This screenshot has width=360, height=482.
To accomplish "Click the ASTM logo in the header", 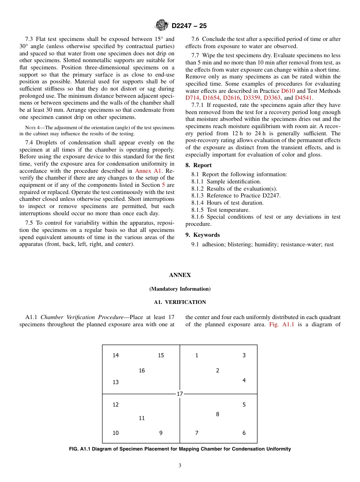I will click(162, 25).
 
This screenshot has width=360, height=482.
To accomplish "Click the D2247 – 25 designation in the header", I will click(189, 26).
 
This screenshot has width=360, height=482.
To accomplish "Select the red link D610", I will click(288, 91).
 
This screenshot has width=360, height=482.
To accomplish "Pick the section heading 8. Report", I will click(199, 165).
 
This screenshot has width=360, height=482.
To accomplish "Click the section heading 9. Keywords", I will click(202, 235).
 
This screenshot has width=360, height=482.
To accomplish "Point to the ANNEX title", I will click(180, 275).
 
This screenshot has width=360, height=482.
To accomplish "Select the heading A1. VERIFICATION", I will click(180, 302).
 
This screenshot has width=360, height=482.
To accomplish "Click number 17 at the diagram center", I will click(180, 394).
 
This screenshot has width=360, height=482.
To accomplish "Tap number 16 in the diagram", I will click(142, 370).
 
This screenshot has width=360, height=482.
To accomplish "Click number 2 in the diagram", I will click(218, 370).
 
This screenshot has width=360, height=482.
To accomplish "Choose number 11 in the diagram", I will click(142, 418).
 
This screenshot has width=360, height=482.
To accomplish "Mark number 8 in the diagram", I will click(218, 414).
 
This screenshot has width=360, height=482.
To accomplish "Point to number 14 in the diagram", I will click(116, 355).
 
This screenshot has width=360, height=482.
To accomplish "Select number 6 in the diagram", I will click(244, 433).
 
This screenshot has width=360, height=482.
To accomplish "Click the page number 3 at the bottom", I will click(180, 466).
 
